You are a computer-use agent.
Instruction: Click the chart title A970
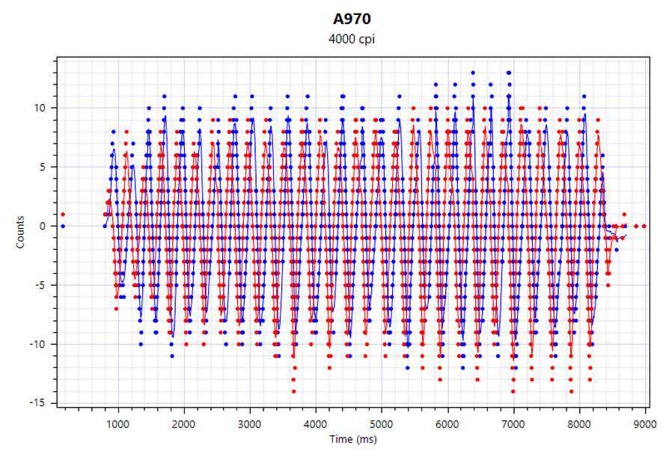352,19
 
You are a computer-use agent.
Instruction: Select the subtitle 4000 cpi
352,39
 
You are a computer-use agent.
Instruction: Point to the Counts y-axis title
21,233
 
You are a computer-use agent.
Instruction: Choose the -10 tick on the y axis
39,344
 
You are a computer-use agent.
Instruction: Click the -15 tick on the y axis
39,403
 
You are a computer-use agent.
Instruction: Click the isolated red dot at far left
63,215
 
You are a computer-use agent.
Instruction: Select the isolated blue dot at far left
63,226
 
